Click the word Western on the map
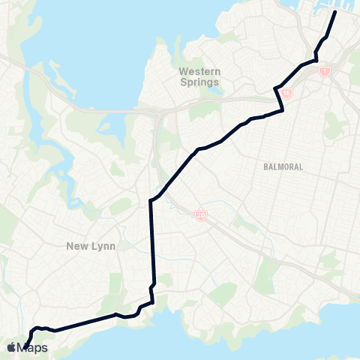pyautogui.click(x=199, y=72)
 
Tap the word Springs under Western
pyautogui.click(x=199, y=82)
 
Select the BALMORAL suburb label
pyautogui.click(x=283, y=166)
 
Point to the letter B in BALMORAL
pyautogui.click(x=266, y=166)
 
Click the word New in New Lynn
pyautogui.click(x=76, y=246)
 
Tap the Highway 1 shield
pyautogui.click(x=324, y=71)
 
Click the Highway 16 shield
pyautogui.click(x=287, y=94)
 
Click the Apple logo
pyautogui.click(x=13, y=346)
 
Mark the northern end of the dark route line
pyautogui.click(x=334, y=12)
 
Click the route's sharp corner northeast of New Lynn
pyautogui.click(x=151, y=200)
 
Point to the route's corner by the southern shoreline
pyautogui.click(x=153, y=303)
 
